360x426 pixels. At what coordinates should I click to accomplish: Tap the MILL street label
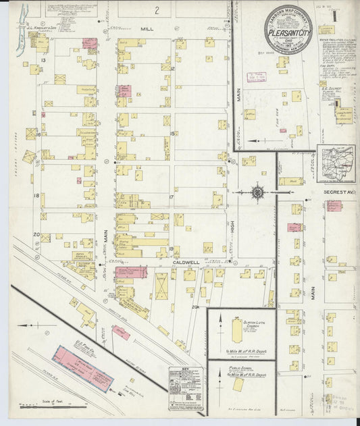click(147, 30)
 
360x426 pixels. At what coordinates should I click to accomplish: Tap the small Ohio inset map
click(336, 164)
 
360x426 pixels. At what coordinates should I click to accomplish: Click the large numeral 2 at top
click(157, 10)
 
